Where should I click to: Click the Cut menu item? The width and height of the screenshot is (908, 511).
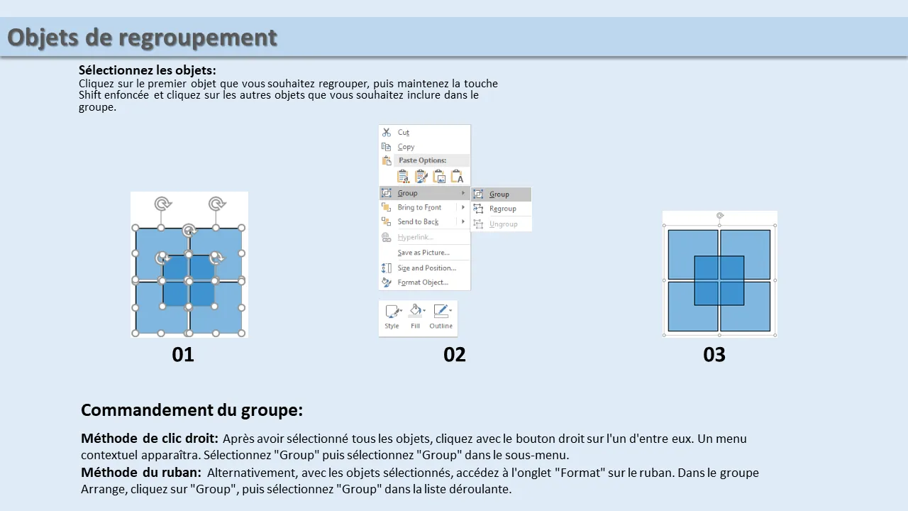(x=404, y=132)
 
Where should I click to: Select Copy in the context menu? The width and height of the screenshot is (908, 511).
(x=406, y=147)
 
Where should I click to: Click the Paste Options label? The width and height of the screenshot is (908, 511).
(x=422, y=160)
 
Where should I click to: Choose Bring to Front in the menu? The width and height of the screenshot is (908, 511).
(x=419, y=207)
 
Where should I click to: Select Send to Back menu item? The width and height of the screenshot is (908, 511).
(x=418, y=221)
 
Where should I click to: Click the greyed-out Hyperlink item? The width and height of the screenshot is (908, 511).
(x=416, y=237)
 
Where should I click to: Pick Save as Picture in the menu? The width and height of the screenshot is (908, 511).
(x=423, y=252)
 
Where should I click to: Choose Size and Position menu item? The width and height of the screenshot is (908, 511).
(x=427, y=268)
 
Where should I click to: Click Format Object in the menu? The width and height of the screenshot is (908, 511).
(x=423, y=282)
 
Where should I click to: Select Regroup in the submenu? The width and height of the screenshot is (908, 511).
(x=503, y=209)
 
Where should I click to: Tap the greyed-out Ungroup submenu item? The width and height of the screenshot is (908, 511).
(x=504, y=224)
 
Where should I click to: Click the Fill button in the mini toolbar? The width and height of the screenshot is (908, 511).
(x=416, y=317)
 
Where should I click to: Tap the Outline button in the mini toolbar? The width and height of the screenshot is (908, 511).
(x=441, y=317)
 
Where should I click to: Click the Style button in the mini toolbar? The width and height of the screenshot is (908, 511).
(x=392, y=317)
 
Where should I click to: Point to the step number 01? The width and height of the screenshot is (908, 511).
(x=183, y=354)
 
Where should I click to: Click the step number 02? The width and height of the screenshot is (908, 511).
(x=455, y=354)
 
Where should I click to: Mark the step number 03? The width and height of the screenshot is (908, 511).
(x=714, y=354)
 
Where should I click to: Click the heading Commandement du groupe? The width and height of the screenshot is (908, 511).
(x=192, y=410)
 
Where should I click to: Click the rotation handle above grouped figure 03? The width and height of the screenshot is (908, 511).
(x=720, y=215)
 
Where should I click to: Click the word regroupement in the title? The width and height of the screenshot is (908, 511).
(x=198, y=38)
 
